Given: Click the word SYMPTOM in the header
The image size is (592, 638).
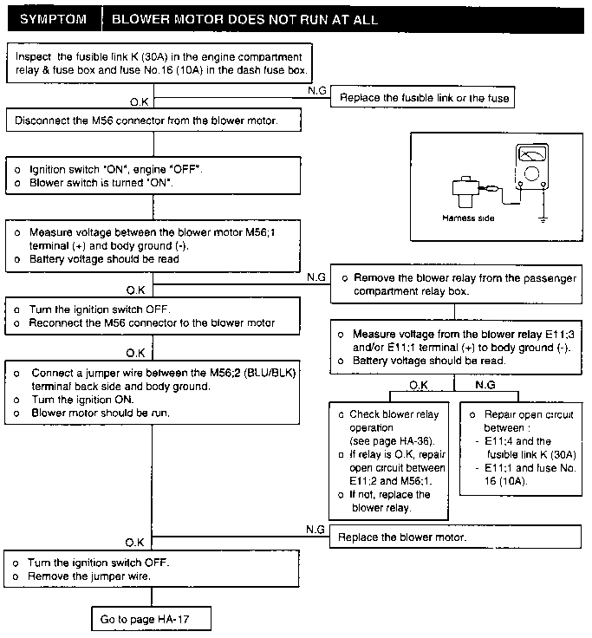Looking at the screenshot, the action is [53, 19].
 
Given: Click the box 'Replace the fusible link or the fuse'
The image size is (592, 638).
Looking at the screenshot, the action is [422, 97].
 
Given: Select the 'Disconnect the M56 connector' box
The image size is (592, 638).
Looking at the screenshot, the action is [153, 120].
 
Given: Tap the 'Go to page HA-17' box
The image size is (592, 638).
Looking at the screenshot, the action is [151, 619].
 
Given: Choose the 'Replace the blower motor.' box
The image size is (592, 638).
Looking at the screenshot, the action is [455, 537].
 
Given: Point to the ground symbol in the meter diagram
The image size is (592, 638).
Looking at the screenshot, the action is [543, 219].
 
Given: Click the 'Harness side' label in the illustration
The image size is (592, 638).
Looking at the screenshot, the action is [468, 218].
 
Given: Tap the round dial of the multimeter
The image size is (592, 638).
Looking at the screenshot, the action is [531, 173].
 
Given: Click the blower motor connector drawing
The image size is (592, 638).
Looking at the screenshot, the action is [465, 192].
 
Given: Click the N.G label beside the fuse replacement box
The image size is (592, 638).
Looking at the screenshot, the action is [317, 91].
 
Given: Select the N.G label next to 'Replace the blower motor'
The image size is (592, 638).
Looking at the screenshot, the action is [316, 530].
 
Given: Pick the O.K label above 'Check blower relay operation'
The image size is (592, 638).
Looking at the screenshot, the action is [419, 386].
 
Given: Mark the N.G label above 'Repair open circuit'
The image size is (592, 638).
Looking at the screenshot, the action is [485, 385].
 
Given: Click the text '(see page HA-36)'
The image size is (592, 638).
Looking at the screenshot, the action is [392, 441].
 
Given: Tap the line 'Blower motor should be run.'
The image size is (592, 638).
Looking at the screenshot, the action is [101, 413].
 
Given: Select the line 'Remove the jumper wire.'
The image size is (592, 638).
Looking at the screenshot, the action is [89, 576].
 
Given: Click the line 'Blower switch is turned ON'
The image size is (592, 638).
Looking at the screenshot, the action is [101, 183].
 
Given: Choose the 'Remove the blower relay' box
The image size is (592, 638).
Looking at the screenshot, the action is [456, 284].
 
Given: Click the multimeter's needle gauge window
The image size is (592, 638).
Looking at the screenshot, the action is [532, 154].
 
